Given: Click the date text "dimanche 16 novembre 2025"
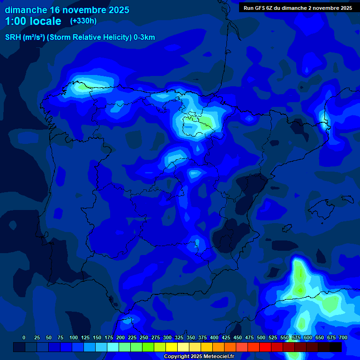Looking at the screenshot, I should click(x=67, y=10).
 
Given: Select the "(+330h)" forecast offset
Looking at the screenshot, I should click(x=83, y=21).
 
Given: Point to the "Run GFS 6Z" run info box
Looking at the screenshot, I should click(x=298, y=8).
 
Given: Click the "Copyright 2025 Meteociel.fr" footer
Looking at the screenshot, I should click(x=199, y=357).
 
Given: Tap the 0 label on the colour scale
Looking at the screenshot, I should click(x=24, y=337).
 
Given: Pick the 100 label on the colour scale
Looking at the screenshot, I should click(x=74, y=337).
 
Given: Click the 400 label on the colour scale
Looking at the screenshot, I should click(x=214, y=337).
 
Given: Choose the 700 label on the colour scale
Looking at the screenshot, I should click(x=343, y=337).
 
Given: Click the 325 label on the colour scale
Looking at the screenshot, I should click(x=179, y=337).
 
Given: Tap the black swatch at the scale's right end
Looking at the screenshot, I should click(x=336, y=347).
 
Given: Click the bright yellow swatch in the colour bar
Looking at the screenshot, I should click(x=172, y=347).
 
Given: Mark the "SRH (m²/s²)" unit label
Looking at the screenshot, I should click(x=24, y=37).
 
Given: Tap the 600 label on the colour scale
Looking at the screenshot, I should click(x=308, y=337).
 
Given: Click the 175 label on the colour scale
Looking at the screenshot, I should click(x=109, y=337).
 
